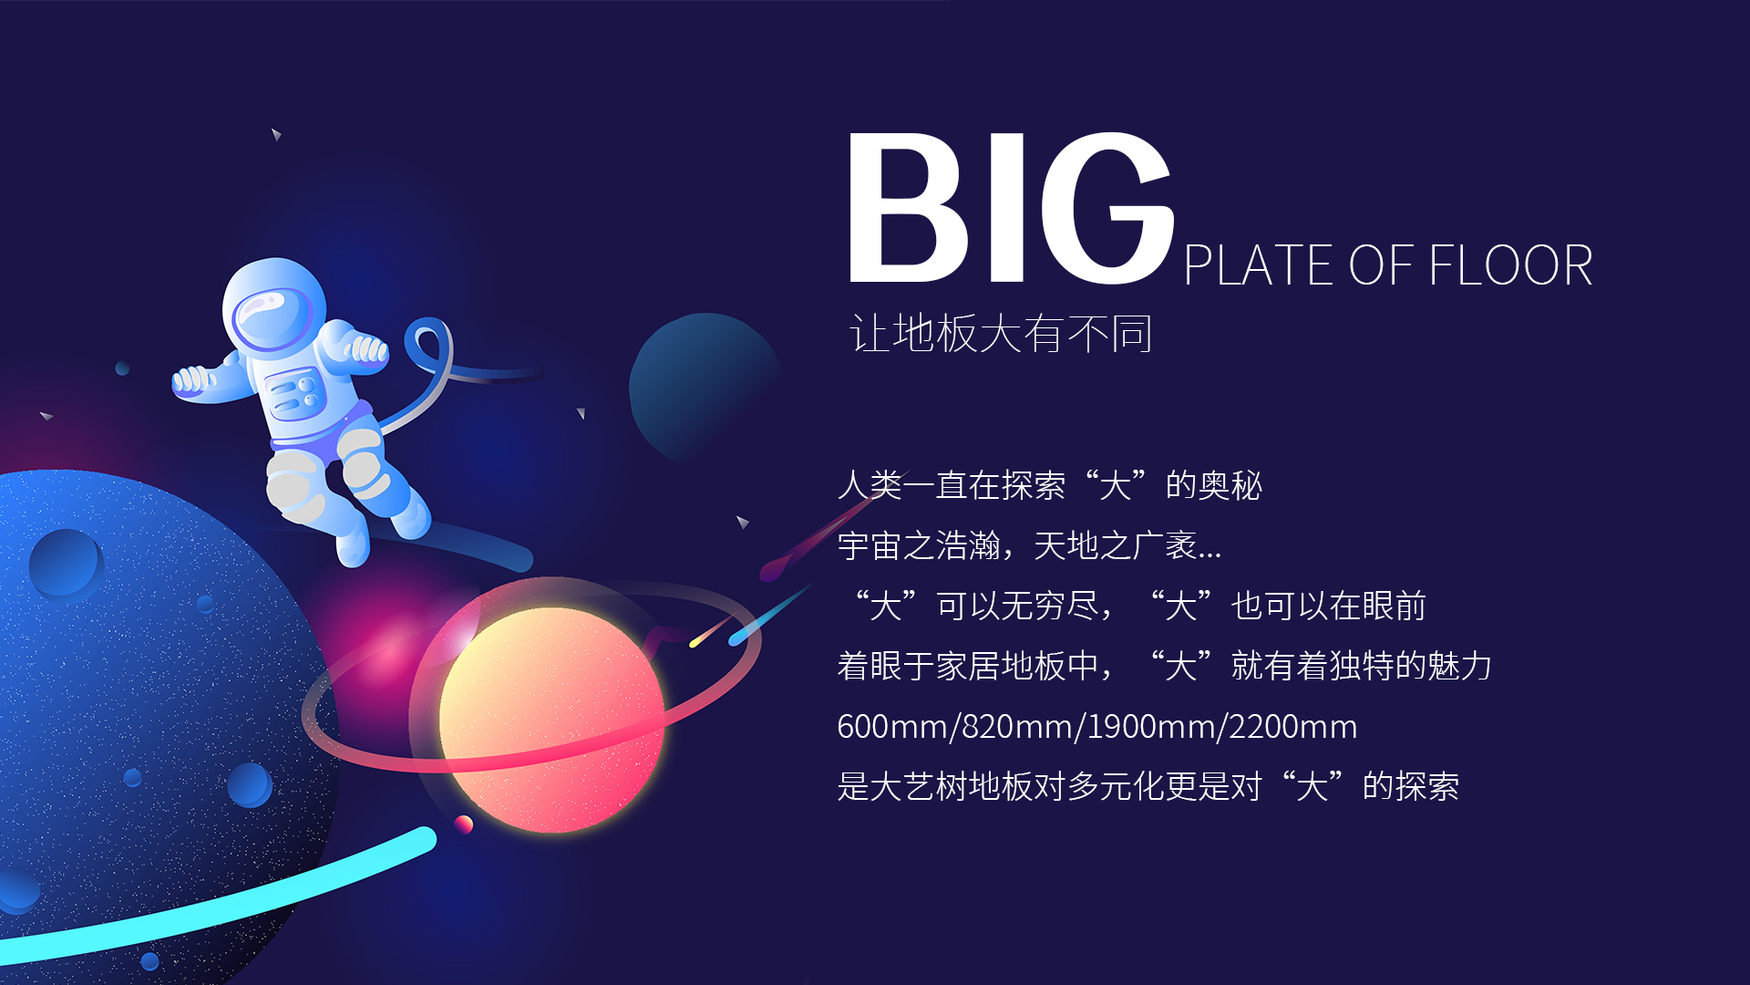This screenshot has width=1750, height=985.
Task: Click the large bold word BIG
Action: [1010, 208]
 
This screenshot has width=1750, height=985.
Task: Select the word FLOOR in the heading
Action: [1510, 265]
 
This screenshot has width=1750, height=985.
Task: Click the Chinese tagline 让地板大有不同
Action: [1001, 333]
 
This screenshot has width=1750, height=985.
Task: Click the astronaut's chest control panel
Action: [293, 393]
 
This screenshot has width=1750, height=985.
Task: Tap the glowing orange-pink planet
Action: [552, 720]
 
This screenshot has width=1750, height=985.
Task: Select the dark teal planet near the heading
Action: [704, 388]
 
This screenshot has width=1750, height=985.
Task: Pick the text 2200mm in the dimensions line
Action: [1293, 727]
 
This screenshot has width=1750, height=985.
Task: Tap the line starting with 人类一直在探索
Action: [1050, 485]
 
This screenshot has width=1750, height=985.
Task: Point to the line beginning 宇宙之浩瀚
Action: [1029, 545]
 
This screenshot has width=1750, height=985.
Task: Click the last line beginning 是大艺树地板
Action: [1148, 786]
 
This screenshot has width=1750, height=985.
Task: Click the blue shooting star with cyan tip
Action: [771, 614]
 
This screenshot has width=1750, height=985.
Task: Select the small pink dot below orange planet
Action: [464, 824]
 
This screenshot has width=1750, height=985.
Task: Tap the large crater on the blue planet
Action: [65, 563]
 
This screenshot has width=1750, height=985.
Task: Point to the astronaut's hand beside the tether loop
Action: [366, 349]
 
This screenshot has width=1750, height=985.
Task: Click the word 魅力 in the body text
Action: [1459, 666]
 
